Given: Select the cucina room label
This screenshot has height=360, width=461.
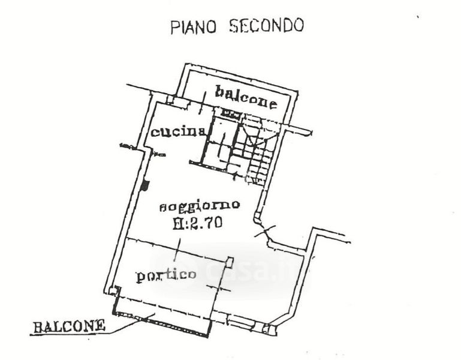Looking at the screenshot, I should pyautogui.click(x=179, y=132).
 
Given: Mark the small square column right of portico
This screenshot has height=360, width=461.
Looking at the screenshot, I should pyautogui.click(x=230, y=261).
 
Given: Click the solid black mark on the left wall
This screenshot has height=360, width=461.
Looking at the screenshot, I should pyautogui.click(x=144, y=186).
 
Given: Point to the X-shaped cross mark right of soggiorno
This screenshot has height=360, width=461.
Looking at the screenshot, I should pyautogui.click(x=264, y=230).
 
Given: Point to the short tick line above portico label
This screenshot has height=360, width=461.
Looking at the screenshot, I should pyautogui.click(x=181, y=247).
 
